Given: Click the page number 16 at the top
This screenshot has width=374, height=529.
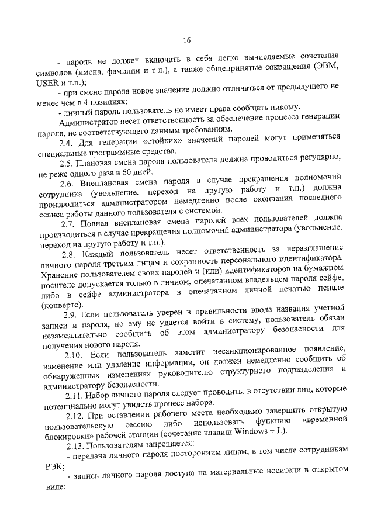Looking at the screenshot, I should (x=187, y=40).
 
